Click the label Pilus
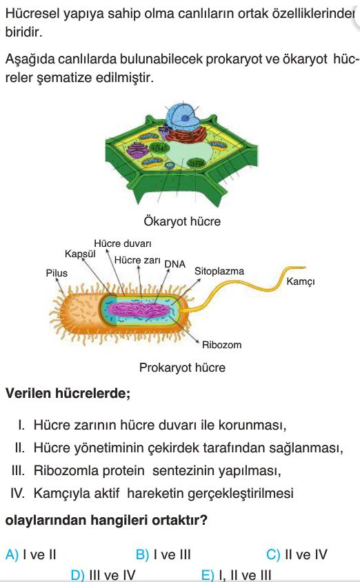(x=57, y=273)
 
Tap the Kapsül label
(x=80, y=254)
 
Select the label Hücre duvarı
(x=123, y=243)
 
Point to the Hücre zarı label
(x=137, y=260)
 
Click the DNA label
(x=174, y=264)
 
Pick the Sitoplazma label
(x=219, y=271)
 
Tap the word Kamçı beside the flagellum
(x=300, y=281)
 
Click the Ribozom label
(x=221, y=345)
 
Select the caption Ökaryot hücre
(x=182, y=221)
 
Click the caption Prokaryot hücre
(x=182, y=368)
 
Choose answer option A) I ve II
(x=30, y=554)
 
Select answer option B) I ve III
(x=163, y=554)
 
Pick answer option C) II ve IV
(x=297, y=554)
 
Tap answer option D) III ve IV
(x=103, y=575)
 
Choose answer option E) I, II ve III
(x=236, y=575)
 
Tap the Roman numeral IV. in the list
(x=18, y=493)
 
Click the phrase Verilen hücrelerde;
(x=68, y=393)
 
